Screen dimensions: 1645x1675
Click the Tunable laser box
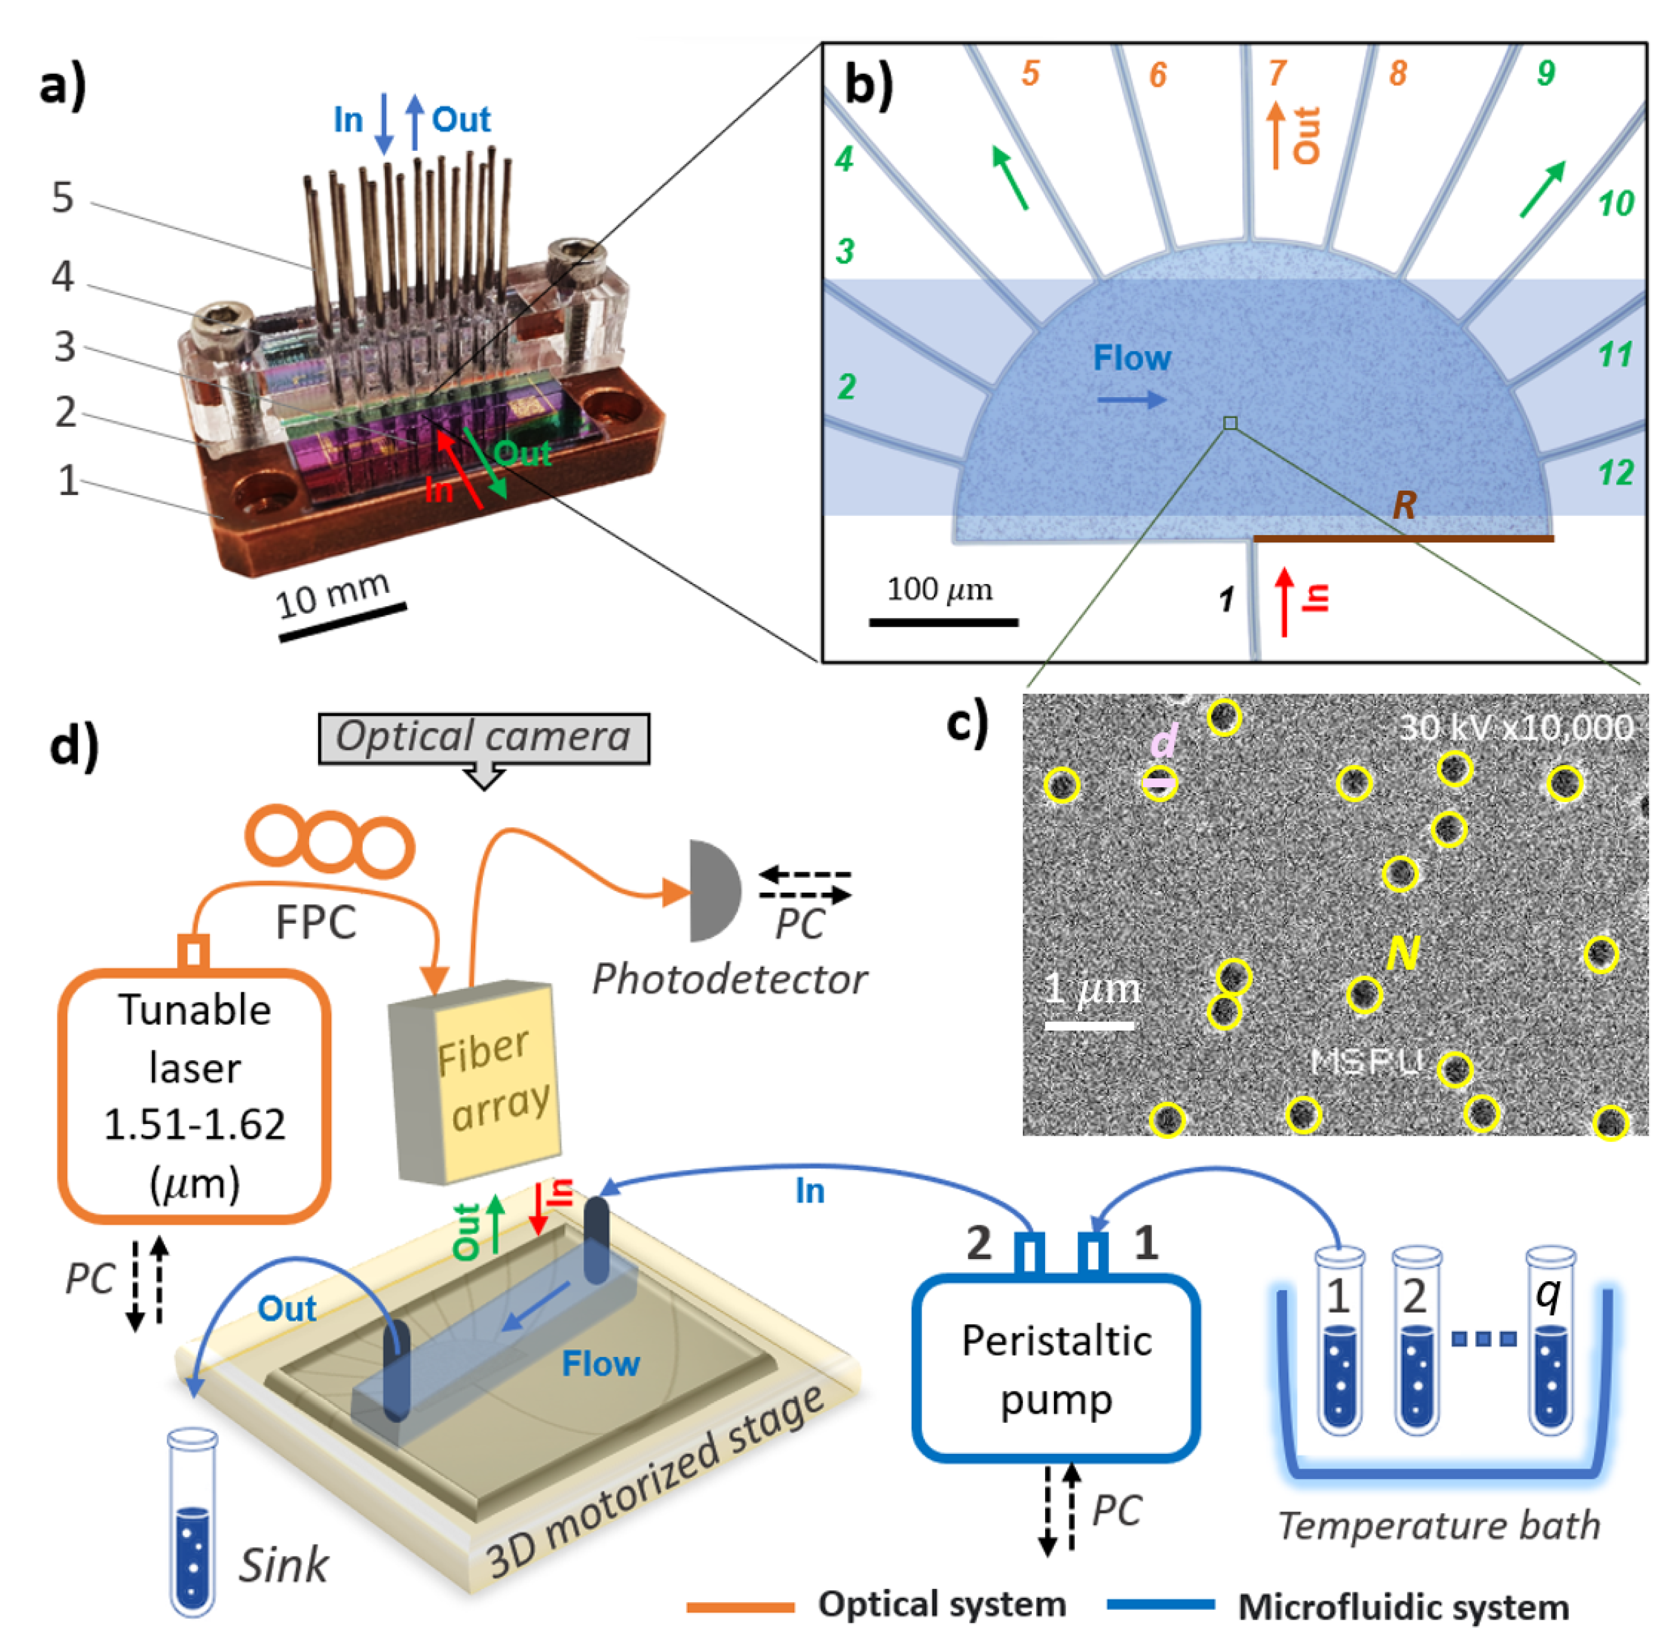[194, 1095]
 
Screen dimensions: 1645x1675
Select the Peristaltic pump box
[1056, 1369]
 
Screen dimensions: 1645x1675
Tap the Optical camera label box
[484, 738]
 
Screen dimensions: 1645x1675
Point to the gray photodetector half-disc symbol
[712, 890]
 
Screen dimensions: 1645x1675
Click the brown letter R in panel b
[1404, 506]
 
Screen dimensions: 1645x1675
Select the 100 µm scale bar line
[943, 621]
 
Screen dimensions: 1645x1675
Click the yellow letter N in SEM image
[1403, 953]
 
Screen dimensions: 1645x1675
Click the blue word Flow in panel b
[1132, 358]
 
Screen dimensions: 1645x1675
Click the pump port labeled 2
[1029, 1253]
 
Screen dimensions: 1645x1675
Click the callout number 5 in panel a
[62, 198]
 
